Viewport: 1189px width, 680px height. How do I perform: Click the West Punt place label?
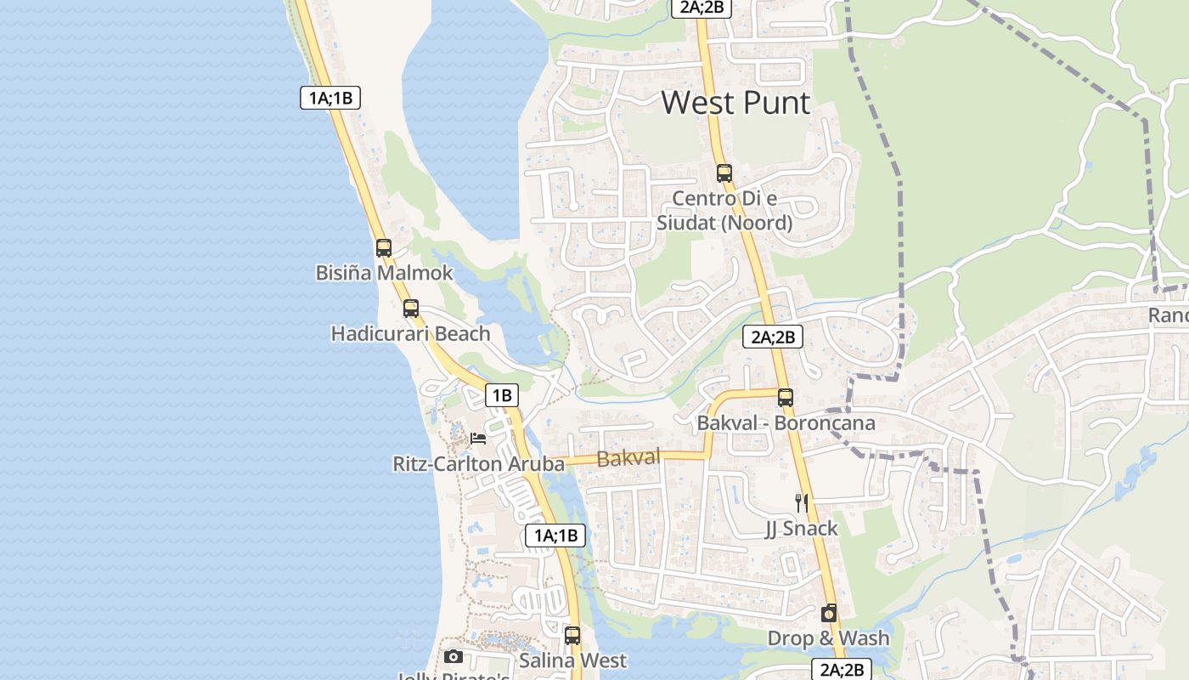tap(735, 103)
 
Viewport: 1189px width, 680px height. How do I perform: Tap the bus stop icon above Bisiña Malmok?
tap(384, 248)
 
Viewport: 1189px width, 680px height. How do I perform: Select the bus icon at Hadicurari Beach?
tap(411, 309)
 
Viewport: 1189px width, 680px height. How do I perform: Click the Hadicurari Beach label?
tap(411, 334)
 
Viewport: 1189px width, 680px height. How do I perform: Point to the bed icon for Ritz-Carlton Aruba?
tap(478, 439)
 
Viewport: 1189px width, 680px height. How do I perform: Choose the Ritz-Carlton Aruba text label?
tap(478, 464)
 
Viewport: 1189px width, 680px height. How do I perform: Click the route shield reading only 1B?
tap(502, 395)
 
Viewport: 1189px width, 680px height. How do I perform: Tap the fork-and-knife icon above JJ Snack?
tap(801, 502)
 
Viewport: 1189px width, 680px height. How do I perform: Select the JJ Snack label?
tap(801, 529)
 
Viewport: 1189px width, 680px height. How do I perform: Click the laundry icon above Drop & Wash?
tap(829, 613)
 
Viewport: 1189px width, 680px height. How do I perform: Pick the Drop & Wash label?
tap(829, 638)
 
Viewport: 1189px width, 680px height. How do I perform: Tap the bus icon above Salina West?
tap(572, 635)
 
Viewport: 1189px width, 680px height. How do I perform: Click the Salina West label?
tap(572, 660)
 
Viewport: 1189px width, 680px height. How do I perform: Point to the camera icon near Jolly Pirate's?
tap(454, 657)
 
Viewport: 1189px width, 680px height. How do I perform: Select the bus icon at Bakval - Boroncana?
tap(786, 397)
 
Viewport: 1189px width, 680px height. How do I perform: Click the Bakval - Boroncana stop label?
tap(786, 422)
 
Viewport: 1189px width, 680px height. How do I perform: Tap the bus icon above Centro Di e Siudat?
tap(724, 173)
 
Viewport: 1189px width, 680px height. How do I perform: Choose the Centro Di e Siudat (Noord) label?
tap(724, 211)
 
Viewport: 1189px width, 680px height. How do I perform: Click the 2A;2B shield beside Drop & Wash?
tap(842, 669)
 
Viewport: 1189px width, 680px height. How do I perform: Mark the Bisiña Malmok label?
tap(384, 274)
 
